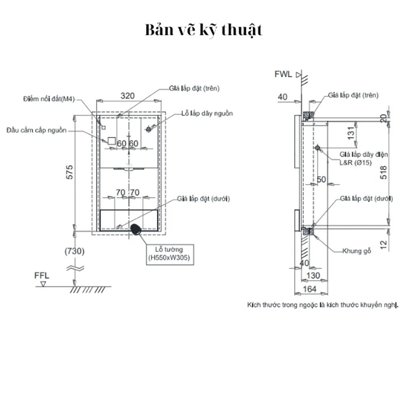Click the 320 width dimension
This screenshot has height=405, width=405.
point(128,96)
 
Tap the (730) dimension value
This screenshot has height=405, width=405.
point(74,251)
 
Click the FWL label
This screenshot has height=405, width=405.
point(283,74)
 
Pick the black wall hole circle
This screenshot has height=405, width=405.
point(136,229)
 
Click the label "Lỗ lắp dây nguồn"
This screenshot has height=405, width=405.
point(207,114)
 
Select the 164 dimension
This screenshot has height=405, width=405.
point(309,289)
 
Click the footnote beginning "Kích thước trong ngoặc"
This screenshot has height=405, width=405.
point(322,305)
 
